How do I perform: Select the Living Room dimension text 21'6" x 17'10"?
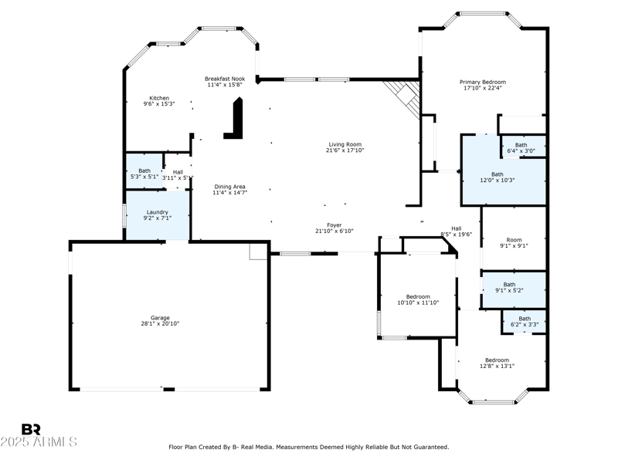click(345, 150)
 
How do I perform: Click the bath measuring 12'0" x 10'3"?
click(497, 177)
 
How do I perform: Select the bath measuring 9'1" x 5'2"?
click(509, 287)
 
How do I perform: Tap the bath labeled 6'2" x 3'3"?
click(525, 321)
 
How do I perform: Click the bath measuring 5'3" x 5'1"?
click(144, 173)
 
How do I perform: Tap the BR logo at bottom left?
click(31, 429)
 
